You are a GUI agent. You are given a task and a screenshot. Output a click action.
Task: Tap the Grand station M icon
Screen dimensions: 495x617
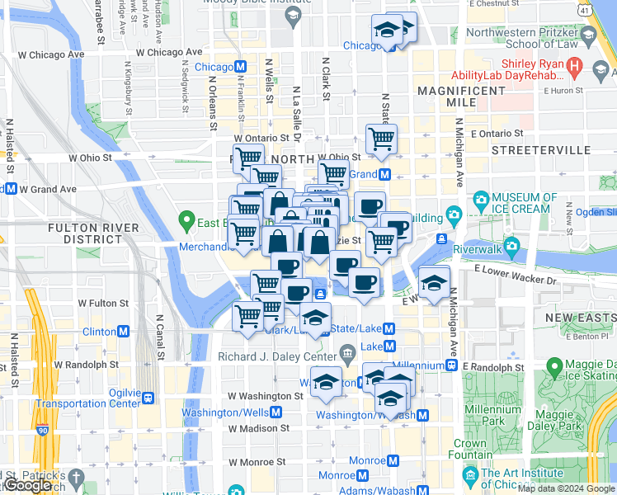coord(384,174)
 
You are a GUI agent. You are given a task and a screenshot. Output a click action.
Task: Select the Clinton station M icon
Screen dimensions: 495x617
coord(124,332)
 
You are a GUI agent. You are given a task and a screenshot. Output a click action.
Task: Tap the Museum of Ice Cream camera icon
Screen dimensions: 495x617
coord(481,199)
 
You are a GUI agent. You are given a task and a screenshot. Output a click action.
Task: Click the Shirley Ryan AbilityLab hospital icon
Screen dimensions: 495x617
coord(575,64)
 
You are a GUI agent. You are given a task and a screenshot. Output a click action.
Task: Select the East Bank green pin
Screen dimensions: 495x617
coord(186,221)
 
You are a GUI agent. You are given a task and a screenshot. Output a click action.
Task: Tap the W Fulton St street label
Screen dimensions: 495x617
coord(101,304)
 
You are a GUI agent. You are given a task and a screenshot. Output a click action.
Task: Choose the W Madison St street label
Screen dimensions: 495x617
coord(259,428)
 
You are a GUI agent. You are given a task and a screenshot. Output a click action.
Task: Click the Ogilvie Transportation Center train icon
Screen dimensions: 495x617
coord(148,398)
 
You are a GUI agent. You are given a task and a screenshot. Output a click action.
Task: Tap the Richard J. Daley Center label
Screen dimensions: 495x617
coord(279,356)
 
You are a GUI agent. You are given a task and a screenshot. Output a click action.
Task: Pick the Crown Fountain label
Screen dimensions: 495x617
coord(470,449)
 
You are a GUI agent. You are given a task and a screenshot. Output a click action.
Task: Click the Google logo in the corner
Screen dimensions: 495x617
coord(28,486)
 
